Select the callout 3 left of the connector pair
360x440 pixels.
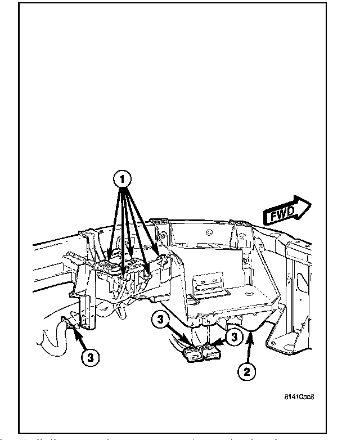pos(160,321)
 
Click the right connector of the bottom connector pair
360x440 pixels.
pos(211,353)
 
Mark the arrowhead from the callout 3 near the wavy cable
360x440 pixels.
pos(70,329)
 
